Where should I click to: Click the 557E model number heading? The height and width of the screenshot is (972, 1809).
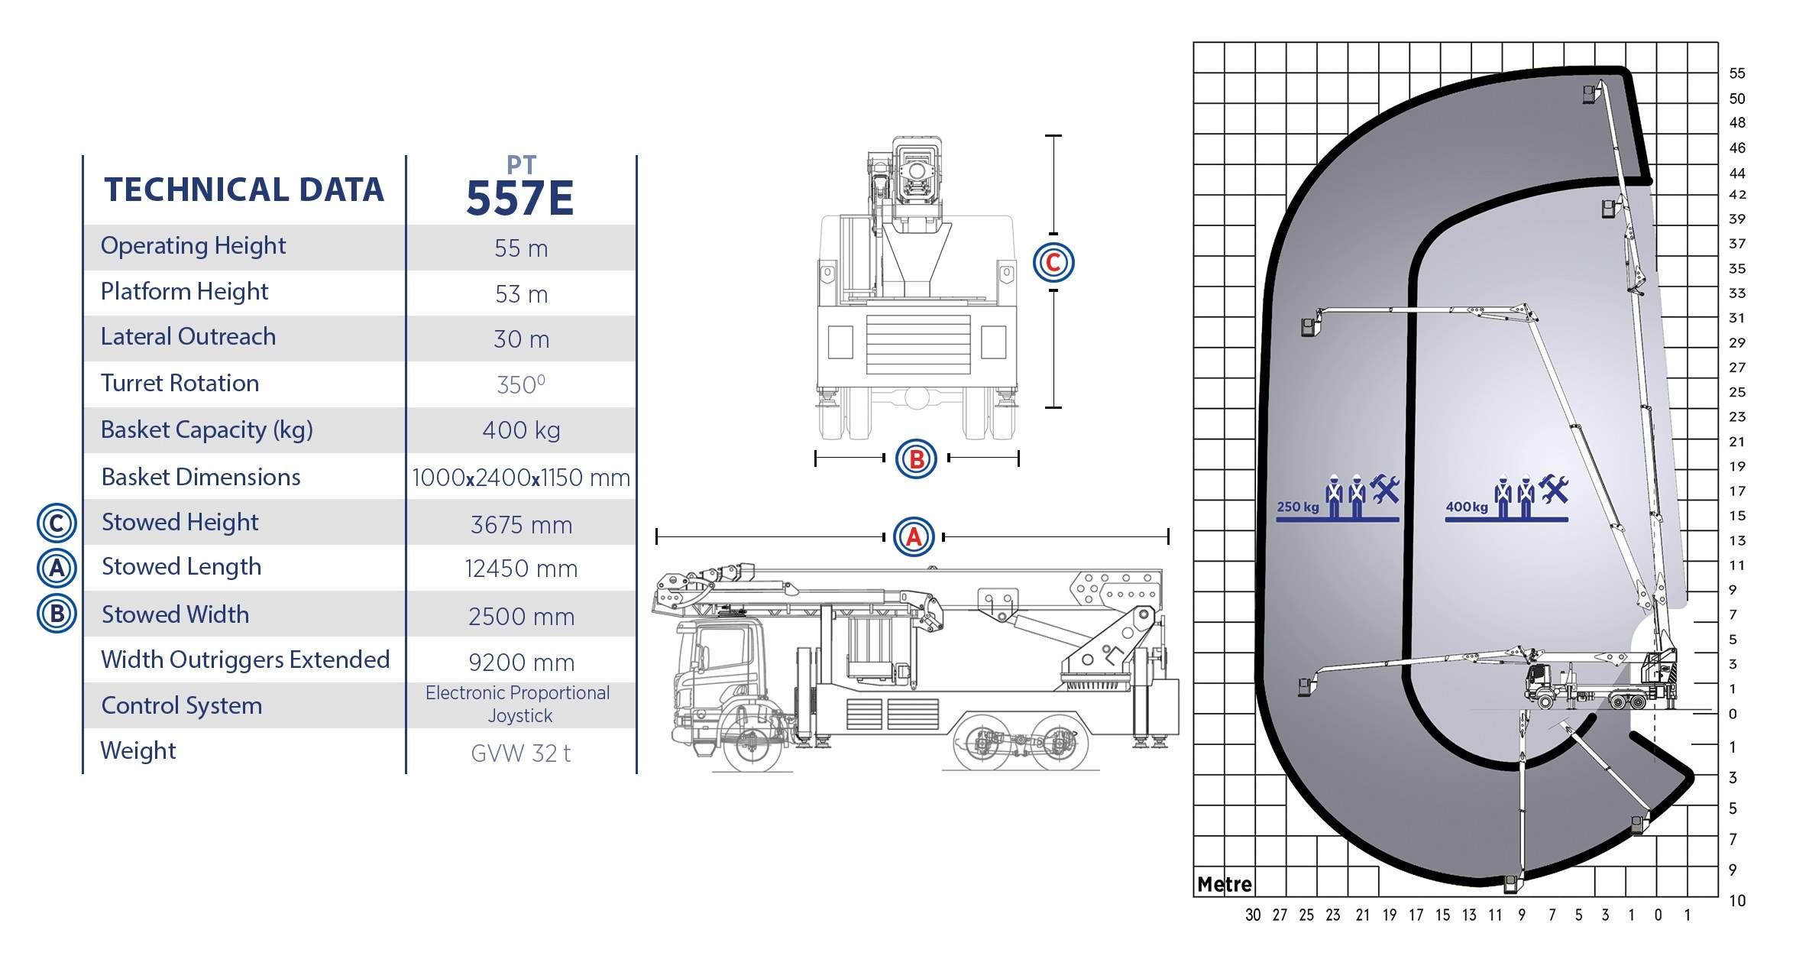click(519, 199)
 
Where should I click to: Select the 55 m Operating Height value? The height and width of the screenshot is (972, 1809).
click(521, 248)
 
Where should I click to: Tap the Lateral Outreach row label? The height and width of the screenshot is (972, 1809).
click(188, 336)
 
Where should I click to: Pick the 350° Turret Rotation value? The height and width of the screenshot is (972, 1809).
click(521, 384)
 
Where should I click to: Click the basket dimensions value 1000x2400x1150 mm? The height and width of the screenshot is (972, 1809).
click(521, 478)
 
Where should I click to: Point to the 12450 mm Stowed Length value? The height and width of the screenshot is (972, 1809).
click(521, 569)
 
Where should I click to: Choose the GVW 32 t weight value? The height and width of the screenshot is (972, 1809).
click(521, 753)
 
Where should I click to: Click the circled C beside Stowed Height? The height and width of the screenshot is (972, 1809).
click(57, 523)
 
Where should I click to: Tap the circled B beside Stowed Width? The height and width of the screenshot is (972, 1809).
click(57, 614)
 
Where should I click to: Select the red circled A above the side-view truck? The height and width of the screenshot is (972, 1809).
click(914, 537)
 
